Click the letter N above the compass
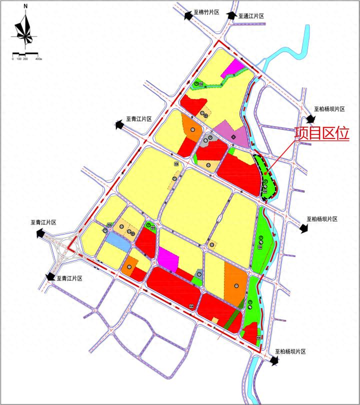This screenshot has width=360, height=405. pos(25,6)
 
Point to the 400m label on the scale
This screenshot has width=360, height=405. pos(38,58)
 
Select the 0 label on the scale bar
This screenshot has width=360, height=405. pos(13,58)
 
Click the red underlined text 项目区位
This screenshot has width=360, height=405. pos(322,134)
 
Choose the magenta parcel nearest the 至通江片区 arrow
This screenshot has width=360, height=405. pos(233,69)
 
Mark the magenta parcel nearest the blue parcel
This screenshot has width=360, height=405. pos(169,259)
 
